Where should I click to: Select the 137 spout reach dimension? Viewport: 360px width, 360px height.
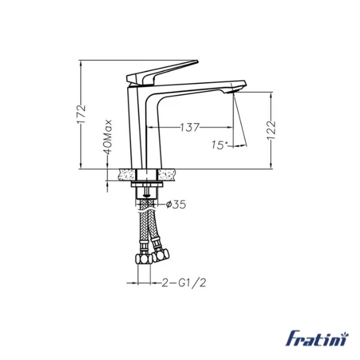[190, 127]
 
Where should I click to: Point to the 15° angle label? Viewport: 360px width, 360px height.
[220, 145]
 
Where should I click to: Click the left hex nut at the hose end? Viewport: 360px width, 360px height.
[143, 259]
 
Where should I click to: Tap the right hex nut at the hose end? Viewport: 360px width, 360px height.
[159, 256]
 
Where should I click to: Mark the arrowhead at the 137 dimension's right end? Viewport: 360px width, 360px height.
[232, 127]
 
